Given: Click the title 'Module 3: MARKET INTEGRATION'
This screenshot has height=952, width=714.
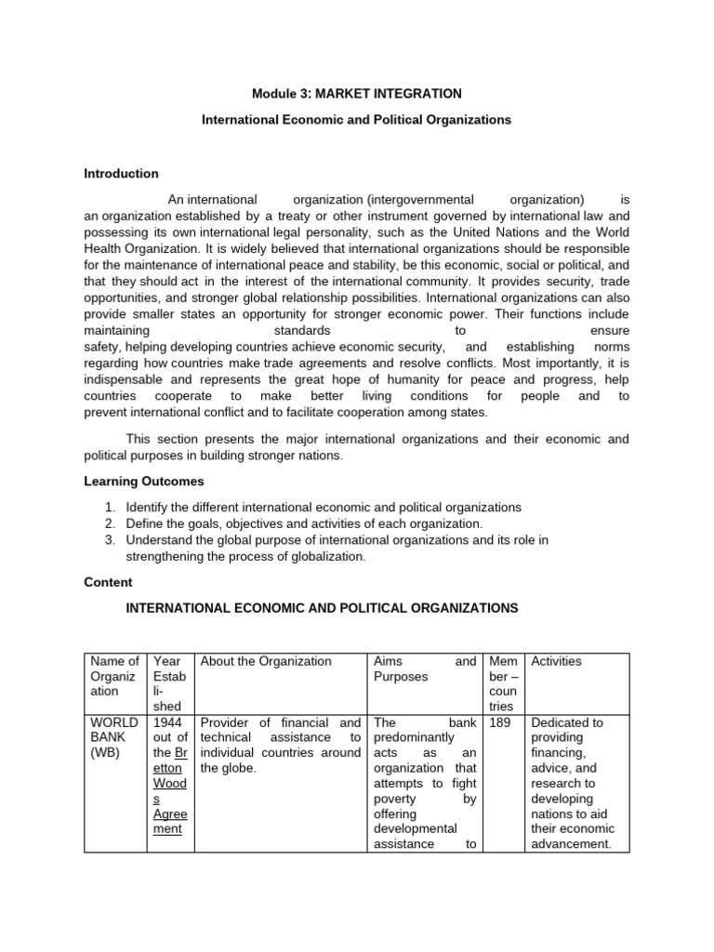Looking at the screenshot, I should tap(357, 94).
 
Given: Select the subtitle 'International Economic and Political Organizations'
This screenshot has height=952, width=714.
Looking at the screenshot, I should tap(357, 121).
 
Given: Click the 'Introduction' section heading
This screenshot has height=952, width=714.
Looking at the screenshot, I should tap(121, 174).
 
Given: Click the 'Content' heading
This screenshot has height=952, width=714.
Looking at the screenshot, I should tap(108, 582).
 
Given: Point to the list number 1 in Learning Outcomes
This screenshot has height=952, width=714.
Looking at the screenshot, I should tap(109, 508).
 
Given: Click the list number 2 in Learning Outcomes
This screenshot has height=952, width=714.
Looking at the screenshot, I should tap(109, 523).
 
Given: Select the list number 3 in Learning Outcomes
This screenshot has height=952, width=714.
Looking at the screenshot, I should tap(109, 539).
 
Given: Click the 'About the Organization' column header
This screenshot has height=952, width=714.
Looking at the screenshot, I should tap(266, 661).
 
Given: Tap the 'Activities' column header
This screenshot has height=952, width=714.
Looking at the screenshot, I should tap(556, 661).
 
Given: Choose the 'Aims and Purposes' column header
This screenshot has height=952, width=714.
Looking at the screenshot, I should tap(424, 668).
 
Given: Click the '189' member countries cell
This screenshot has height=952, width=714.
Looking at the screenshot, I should tap(500, 722).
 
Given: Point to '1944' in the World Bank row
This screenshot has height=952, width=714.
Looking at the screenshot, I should tap(167, 722).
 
